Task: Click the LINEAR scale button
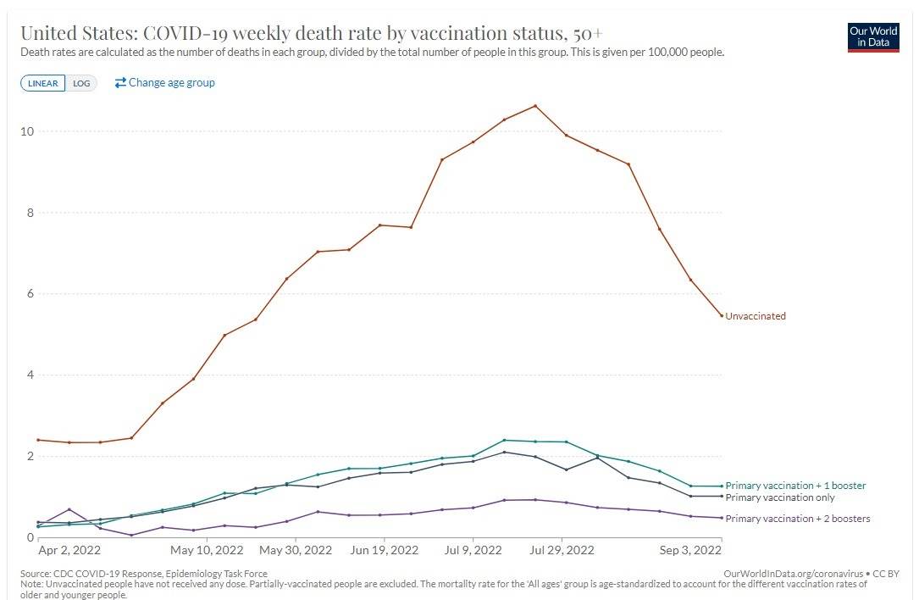[43, 83]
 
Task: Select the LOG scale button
[82, 83]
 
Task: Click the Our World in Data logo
[873, 37]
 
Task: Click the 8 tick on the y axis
[30, 213]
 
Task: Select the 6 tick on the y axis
[30, 294]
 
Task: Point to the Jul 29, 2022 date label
[562, 550]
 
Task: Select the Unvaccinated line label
[756, 316]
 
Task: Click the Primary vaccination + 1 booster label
[795, 486]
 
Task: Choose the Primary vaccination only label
[780, 497]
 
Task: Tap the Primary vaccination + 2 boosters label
[797, 519]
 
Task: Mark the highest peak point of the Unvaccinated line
[535, 106]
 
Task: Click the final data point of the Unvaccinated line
[721, 316]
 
